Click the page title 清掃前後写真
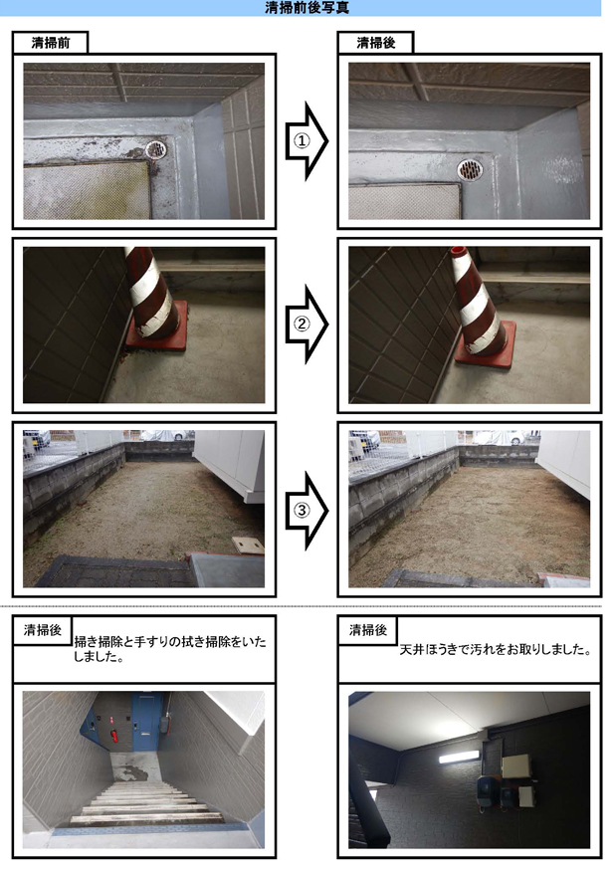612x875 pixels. tap(306, 8)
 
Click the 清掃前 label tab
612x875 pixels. tap(50, 43)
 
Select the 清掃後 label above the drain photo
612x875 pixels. tap(375, 43)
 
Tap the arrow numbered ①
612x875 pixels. tap(306, 140)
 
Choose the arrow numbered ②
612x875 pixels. tap(306, 325)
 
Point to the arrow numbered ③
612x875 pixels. tap(306, 510)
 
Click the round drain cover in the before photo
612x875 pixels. tap(156, 149)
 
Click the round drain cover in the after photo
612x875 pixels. tap(470, 169)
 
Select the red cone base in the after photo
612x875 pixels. tap(486, 348)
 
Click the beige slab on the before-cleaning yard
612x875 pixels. tap(248, 545)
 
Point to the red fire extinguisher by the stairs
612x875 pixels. tap(114, 736)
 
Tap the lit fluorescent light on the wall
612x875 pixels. tap(458, 757)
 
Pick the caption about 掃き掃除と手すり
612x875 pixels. tap(170, 649)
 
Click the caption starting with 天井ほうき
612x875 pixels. tap(495, 650)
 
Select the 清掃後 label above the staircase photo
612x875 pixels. tap(43, 630)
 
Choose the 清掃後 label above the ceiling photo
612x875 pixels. tap(367, 630)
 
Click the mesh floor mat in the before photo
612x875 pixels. tap(87, 190)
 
